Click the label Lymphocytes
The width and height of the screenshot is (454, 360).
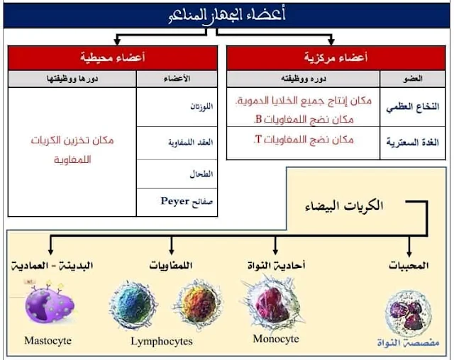[x=161, y=342]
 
